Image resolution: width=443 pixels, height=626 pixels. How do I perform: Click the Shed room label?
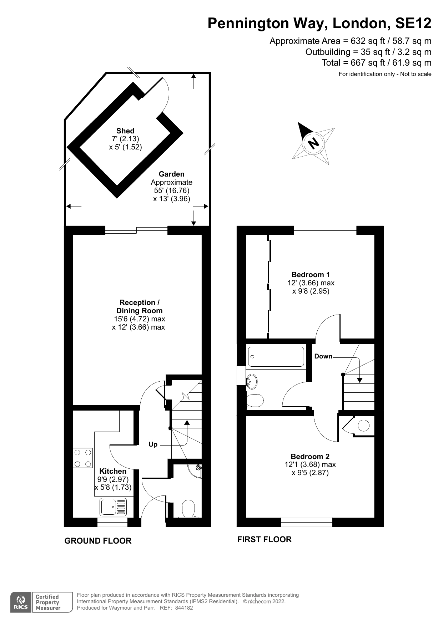[x=125, y=131]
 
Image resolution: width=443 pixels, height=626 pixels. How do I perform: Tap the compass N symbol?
[x=313, y=143]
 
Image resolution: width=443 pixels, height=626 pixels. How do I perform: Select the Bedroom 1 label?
[x=311, y=275]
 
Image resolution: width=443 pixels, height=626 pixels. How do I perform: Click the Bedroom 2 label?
[x=310, y=457]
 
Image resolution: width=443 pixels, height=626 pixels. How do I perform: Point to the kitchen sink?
[x=114, y=507]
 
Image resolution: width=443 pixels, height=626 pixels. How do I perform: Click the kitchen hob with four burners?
[x=83, y=458]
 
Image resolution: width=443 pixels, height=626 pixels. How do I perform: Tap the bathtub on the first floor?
[x=276, y=357]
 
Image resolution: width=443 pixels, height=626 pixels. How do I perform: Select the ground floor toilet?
[x=188, y=509]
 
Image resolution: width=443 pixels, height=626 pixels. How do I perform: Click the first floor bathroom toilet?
[x=255, y=400]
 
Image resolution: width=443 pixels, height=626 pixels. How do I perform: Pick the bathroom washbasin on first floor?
[x=252, y=381]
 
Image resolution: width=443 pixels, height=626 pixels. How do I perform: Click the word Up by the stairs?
[x=153, y=444]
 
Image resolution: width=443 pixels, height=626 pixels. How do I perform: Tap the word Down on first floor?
[x=323, y=356]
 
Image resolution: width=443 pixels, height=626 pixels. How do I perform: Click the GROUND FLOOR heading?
[x=98, y=541]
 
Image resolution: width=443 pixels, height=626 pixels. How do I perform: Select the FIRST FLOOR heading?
[x=265, y=539]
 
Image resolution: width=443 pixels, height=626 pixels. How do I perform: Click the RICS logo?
[x=21, y=602]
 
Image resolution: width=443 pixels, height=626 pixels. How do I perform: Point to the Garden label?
[x=172, y=174]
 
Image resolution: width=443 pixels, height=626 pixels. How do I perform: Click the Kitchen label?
[x=113, y=471]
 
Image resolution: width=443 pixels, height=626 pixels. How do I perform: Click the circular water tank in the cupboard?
[x=364, y=426]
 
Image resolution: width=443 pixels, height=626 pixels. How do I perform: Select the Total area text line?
[x=377, y=63]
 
